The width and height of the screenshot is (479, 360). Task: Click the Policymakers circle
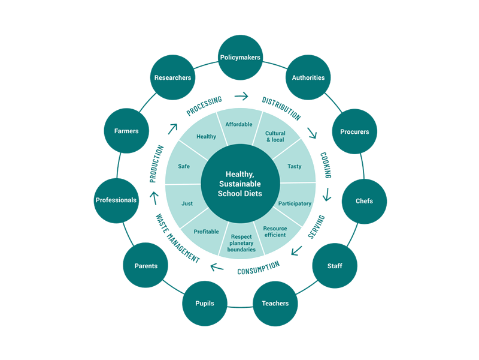tap(240, 58)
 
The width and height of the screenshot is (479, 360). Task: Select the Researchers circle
tap(172, 77)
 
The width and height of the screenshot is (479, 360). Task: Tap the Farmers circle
tap(126, 131)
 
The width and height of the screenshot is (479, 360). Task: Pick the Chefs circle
tap(364, 201)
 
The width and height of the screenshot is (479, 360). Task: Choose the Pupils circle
tap(204, 303)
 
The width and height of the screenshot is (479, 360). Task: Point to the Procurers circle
tap(354, 131)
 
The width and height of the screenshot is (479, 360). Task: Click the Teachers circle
tap(275, 303)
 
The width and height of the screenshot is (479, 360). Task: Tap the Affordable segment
tap(239, 125)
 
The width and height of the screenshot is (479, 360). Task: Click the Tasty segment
tap(294, 166)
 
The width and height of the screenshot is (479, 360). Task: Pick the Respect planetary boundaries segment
tap(241, 242)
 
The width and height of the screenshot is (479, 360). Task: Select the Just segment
tap(187, 203)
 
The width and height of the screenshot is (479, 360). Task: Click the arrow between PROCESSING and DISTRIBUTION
tap(241, 95)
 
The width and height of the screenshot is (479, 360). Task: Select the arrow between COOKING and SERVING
tap(327, 195)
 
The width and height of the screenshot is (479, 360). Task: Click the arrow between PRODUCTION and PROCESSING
tap(172, 127)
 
